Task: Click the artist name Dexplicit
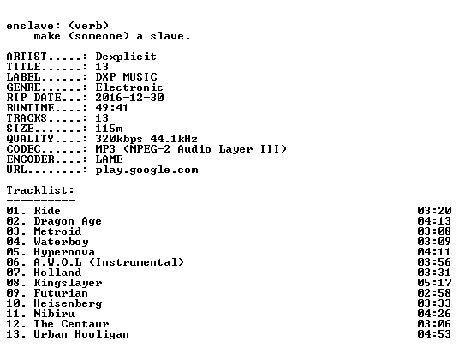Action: pos(126,57)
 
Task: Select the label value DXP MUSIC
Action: pos(126,77)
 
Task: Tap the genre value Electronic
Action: pos(129,87)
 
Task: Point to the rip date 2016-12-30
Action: pos(129,98)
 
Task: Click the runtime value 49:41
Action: pos(112,108)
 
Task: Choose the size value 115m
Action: pos(109,129)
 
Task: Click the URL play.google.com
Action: pos(146,171)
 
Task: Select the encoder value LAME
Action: pos(109,159)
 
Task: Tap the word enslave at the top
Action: pos(30,26)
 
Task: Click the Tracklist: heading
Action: pos(40,190)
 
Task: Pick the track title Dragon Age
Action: pos(68,221)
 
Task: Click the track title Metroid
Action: pos(57,231)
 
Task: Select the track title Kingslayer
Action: pos(68,283)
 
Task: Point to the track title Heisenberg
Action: pos(68,303)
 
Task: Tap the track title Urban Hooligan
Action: pos(81,334)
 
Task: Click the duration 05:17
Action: pos(434,283)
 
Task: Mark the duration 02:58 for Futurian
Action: pos(434,293)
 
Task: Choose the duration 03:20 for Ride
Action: pos(434,211)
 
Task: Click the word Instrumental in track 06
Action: pos(136,262)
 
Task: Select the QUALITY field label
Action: pos(30,139)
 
